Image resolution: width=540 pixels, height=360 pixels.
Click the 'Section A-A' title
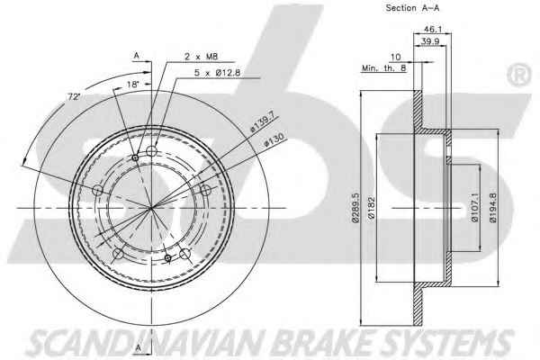pyautogui.click(x=412, y=8)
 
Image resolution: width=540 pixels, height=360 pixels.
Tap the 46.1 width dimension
pyautogui.click(x=433, y=29)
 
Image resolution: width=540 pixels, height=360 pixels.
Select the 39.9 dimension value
pyautogui.click(x=430, y=41)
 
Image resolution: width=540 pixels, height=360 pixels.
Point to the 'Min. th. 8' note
pyautogui.click(x=384, y=68)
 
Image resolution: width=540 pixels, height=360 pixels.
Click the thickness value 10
pyautogui.click(x=396, y=57)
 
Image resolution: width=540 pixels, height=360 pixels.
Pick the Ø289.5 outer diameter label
pyautogui.click(x=355, y=207)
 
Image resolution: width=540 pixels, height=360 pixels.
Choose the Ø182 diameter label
pyautogui.click(x=371, y=207)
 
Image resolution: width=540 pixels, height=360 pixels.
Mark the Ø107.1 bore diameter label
pyautogui.click(x=474, y=207)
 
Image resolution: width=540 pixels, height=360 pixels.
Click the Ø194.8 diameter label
pyautogui.click(x=493, y=207)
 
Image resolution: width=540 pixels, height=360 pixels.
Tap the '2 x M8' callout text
pyautogui.click(x=202, y=56)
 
